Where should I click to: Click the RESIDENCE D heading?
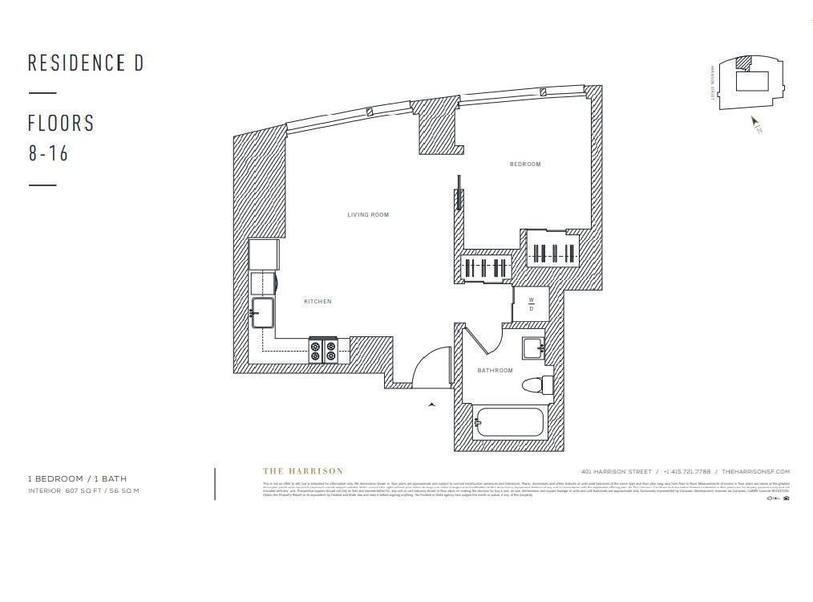tap(86, 63)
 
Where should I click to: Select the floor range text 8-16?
tap(49, 153)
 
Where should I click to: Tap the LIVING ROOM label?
tap(368, 215)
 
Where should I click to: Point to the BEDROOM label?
tap(525, 165)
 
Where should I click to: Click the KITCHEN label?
tap(318, 302)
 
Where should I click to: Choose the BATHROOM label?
tap(495, 371)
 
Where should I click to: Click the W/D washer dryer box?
tap(530, 306)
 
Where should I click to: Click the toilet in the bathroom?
tap(538, 386)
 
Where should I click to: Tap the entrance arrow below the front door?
tap(432, 405)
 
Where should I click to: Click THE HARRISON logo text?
tap(303, 471)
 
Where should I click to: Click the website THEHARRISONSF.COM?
tap(755, 472)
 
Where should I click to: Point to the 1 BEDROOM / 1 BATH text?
tap(77, 479)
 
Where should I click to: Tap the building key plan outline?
tap(750, 82)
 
